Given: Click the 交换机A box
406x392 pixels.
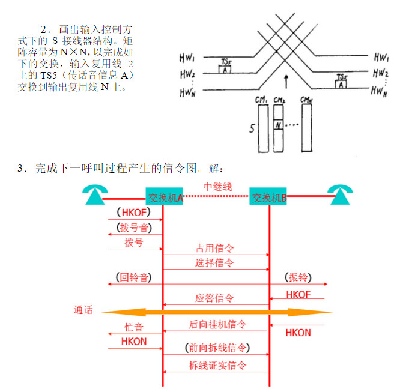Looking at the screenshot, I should (x=164, y=197).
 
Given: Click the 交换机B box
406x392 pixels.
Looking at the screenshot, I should (x=268, y=197).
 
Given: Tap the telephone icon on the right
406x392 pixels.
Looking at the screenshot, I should (x=341, y=194).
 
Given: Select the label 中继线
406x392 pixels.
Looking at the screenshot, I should (x=217, y=187).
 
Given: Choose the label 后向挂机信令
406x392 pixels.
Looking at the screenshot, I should (x=217, y=324).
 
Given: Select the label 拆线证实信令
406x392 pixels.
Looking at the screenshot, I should (x=217, y=365).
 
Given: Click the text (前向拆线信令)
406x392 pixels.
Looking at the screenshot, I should (x=217, y=349).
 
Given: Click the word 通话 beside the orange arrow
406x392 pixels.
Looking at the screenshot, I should (x=84, y=310).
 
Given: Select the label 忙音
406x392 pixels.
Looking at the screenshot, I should (x=133, y=328).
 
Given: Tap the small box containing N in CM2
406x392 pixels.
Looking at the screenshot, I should (x=278, y=125).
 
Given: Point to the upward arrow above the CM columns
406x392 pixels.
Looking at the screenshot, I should (x=286, y=80).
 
